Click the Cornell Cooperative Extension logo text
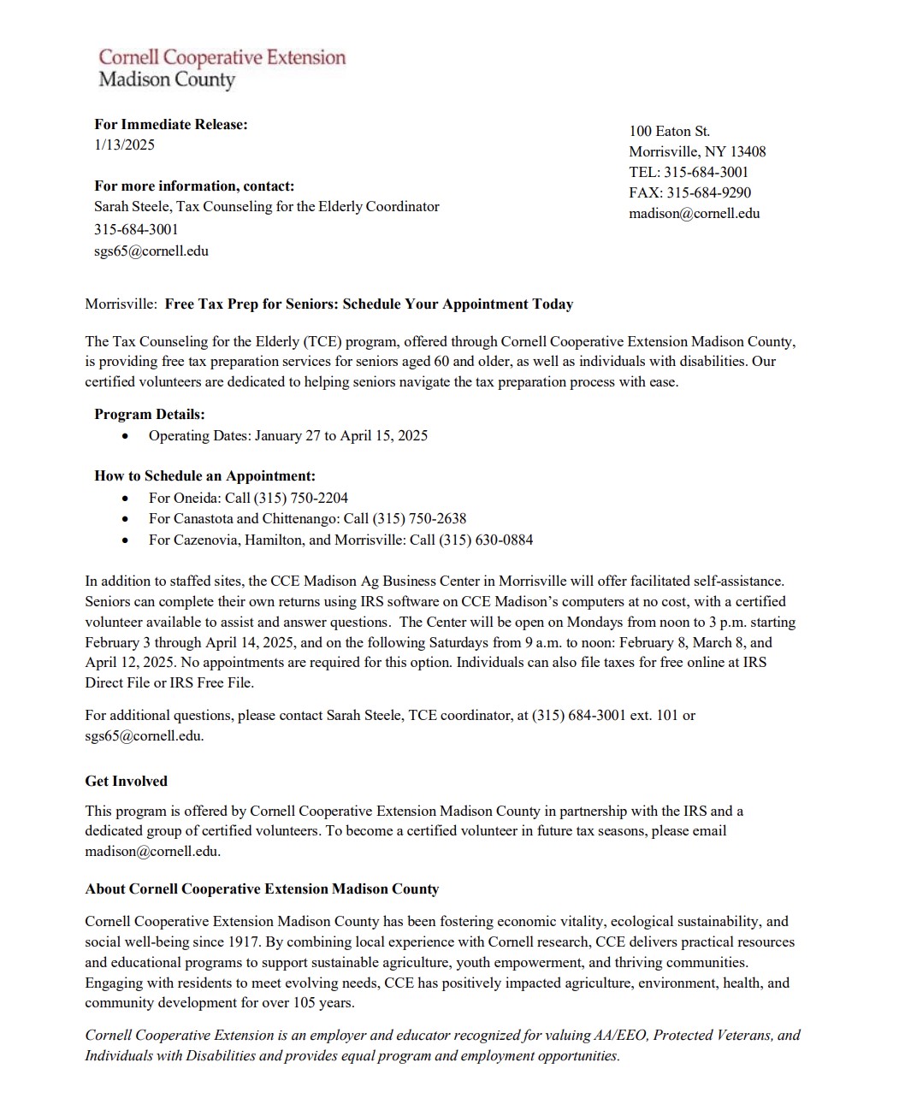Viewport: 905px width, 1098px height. point(222,58)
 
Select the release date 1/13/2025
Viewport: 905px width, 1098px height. point(124,145)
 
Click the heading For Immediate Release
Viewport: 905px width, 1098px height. point(170,124)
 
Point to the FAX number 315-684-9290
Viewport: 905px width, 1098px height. point(708,192)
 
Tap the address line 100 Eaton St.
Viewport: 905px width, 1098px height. point(669,131)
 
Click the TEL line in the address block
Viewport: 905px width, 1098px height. point(689,172)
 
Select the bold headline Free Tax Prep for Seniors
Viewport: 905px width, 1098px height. point(369,304)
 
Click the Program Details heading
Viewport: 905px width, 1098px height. point(149,414)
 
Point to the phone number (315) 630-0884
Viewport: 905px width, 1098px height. point(486,540)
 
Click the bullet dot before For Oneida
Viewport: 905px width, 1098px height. point(127,498)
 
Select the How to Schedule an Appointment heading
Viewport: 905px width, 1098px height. point(204,475)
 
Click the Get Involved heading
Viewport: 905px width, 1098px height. point(126,781)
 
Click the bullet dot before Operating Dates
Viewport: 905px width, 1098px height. point(127,436)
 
